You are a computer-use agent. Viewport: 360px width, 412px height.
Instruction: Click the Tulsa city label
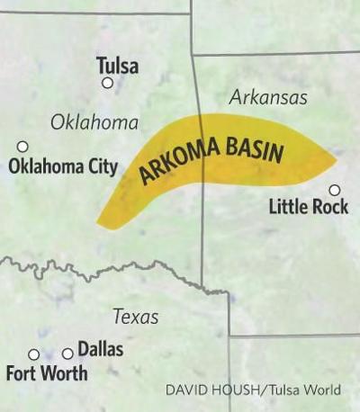pos(117,66)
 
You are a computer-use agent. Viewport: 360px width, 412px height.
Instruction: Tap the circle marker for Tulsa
pos(108,83)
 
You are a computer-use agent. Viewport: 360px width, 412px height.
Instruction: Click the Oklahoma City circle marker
pos(22,147)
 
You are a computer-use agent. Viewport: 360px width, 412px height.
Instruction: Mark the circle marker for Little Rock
pos(334,190)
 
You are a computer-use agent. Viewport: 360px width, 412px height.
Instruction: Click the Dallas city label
pos(100,349)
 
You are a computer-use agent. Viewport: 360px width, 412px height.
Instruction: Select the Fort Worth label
pos(47,372)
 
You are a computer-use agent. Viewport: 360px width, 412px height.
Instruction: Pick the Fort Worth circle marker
pos(34,354)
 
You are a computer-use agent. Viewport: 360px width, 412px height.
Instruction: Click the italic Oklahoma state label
pos(94,122)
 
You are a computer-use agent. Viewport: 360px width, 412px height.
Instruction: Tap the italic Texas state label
pos(135,317)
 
